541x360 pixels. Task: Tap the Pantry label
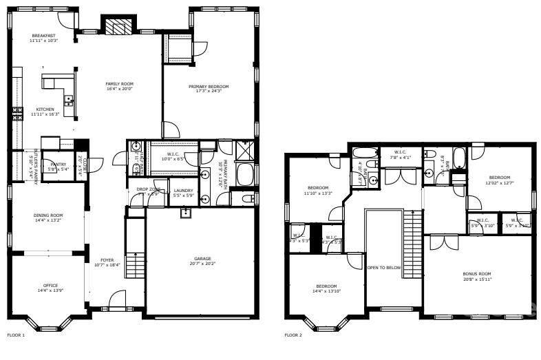(x=58, y=166)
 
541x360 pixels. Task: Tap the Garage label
(x=202, y=260)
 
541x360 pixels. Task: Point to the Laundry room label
(x=182, y=192)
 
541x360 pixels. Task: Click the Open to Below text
(x=383, y=268)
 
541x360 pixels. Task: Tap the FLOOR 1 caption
(x=16, y=335)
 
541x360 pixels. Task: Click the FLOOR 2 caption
(x=293, y=335)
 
